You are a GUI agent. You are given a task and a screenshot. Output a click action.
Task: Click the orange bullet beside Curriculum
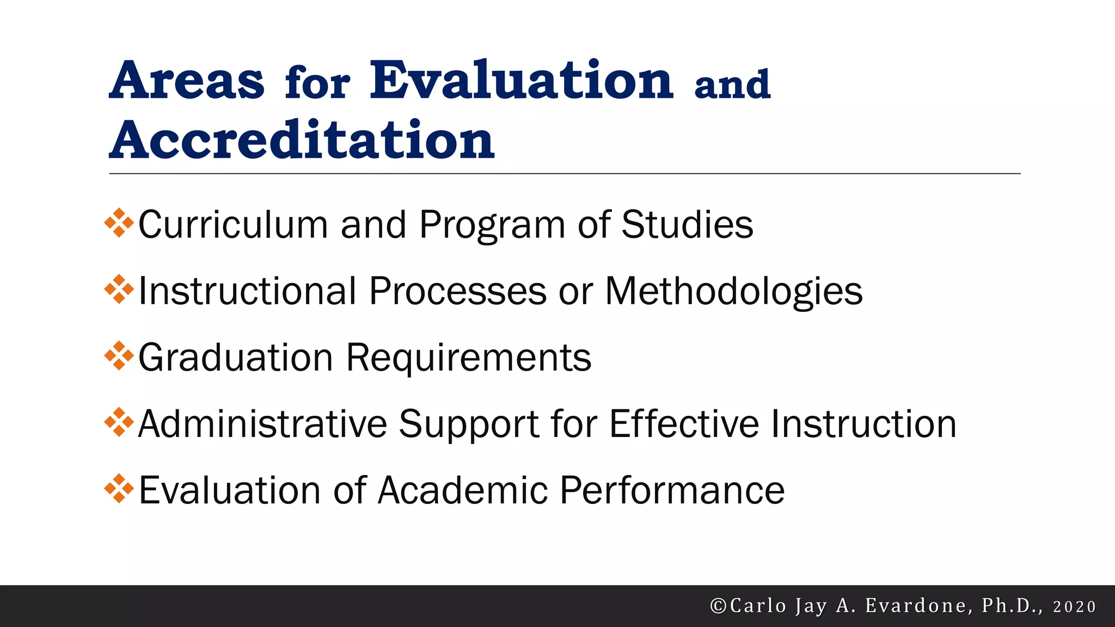click(119, 223)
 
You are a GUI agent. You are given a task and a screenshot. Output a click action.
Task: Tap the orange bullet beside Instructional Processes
click(119, 290)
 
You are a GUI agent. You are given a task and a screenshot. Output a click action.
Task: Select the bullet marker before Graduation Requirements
click(119, 356)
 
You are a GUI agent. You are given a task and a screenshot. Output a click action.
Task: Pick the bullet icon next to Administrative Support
click(119, 423)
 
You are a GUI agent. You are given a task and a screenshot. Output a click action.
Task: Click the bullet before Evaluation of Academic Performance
click(119, 489)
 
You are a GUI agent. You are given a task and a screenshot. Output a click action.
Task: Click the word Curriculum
click(232, 224)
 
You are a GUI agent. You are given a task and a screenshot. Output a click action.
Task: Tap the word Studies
click(687, 224)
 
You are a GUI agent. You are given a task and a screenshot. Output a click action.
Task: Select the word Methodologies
click(733, 292)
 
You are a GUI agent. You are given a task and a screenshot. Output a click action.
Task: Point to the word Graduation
click(235, 358)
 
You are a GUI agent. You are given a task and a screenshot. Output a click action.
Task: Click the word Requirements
click(469, 358)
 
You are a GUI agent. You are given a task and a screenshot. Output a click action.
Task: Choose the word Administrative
click(262, 424)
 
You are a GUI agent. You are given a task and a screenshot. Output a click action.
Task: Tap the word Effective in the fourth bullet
click(684, 424)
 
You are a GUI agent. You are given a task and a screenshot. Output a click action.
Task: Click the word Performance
click(672, 490)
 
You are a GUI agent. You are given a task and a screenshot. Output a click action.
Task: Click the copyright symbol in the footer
click(718, 606)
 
